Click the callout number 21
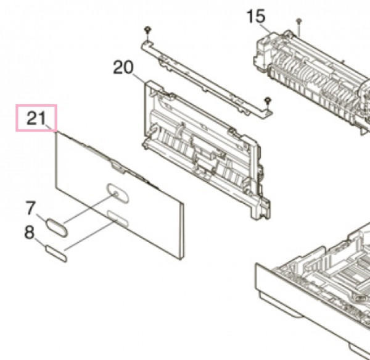[36, 118]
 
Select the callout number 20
[123, 67]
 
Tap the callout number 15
[256, 16]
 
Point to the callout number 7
[30, 208]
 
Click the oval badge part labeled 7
[57, 227]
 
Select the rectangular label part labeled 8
[56, 254]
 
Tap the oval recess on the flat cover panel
[118, 193]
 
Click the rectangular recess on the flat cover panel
[118, 218]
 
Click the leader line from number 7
[42, 218]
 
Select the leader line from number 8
[40, 242]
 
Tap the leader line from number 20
[139, 78]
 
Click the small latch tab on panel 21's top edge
[118, 167]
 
